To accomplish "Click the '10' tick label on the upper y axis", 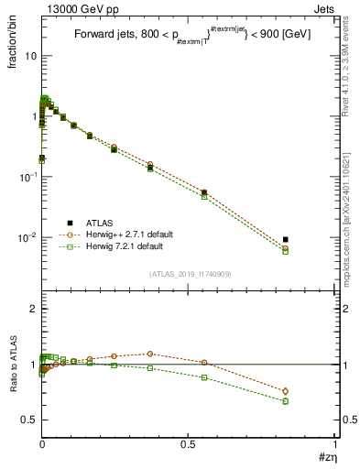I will point(29,56).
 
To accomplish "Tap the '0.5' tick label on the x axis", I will point(189,444).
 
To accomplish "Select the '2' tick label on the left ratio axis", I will point(32,310).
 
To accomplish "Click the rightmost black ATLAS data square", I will point(286,240).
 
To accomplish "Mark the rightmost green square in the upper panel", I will point(286,251).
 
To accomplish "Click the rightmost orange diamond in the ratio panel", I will point(286,391).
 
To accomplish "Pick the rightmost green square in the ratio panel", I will point(286,401).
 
